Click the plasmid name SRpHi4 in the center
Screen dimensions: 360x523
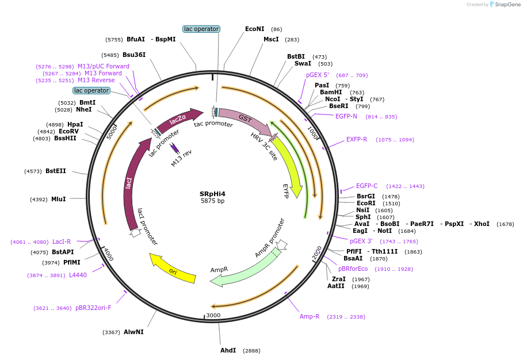tap(212, 194)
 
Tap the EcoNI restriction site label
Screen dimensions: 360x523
tap(255, 29)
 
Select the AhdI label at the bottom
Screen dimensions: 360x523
tap(228, 350)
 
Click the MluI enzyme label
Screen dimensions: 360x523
tap(58, 199)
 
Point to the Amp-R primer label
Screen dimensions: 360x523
tap(310, 316)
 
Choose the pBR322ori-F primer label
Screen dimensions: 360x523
tap(93, 308)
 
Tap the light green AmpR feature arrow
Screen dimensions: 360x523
tap(242, 266)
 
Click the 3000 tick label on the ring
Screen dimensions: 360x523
tap(213, 315)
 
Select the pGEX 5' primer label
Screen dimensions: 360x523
tap(317, 75)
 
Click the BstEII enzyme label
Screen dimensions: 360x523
tap(56, 171)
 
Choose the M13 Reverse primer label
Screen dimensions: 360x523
tap(96, 81)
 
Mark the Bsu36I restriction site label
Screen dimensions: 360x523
tap(134, 55)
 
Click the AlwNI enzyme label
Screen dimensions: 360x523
tap(133, 332)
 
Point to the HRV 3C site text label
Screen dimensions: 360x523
tap(264, 146)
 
